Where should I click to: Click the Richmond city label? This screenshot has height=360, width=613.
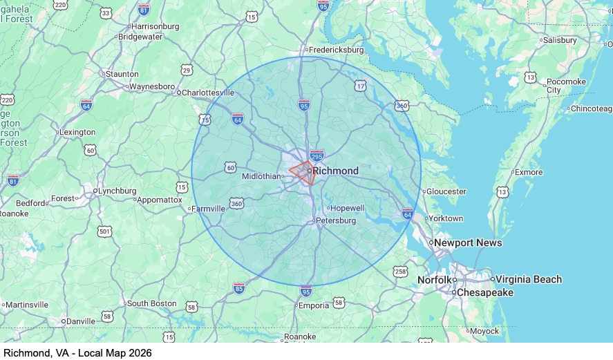pos(335,171)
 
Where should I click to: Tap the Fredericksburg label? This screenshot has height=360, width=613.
pos(336,50)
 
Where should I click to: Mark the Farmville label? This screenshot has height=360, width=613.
pos(208,208)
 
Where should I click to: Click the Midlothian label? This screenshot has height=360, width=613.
pos(261,176)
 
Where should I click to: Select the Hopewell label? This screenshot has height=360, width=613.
pos(347,208)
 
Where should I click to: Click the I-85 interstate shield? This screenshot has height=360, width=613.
pos(239,287)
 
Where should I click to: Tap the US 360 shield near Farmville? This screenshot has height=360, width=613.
pos(237,204)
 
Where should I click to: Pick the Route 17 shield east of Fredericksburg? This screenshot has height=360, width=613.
pos(360,86)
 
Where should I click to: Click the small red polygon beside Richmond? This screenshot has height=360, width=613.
pos(303,171)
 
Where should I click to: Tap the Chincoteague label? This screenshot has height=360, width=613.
pos(590,108)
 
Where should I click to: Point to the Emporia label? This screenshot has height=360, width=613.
pos(313,305)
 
